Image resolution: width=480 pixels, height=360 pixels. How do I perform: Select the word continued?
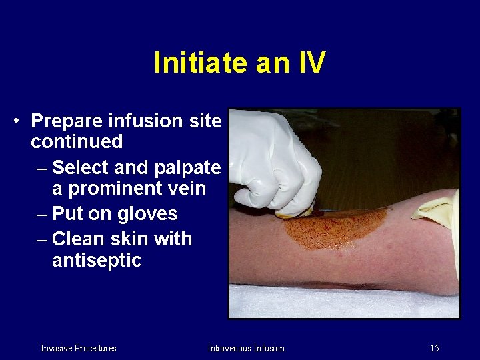click(77, 141)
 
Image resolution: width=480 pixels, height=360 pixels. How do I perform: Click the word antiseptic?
click(97, 259)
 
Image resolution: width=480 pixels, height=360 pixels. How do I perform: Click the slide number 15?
click(434, 348)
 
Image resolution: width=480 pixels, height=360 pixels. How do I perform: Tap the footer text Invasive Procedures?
click(78, 348)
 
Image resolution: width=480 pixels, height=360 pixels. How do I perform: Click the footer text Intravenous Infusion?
click(245, 348)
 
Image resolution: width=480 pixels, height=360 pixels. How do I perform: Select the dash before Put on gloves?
click(41, 214)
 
